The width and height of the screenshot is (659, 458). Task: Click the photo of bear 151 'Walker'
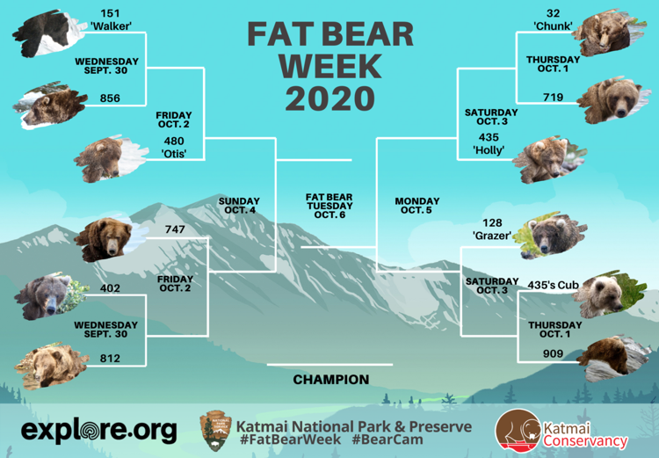click(x=48, y=33)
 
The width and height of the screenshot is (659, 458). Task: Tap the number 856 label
click(x=110, y=98)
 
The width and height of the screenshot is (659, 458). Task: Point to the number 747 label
click(x=175, y=229)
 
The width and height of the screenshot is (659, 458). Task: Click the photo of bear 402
click(x=51, y=296)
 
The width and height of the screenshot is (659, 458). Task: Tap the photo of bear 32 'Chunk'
click(x=610, y=33)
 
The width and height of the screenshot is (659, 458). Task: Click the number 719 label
click(x=553, y=98)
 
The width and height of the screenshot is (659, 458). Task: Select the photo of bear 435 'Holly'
click(x=549, y=160)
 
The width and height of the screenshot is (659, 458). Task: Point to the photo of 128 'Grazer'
click(x=551, y=236)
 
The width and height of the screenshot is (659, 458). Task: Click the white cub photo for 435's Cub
click(x=610, y=294)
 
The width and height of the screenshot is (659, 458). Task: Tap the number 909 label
click(x=553, y=353)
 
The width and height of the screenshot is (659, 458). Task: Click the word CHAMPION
click(x=331, y=380)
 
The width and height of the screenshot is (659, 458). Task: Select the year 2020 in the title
click(x=329, y=98)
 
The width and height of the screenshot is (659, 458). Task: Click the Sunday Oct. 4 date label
click(x=239, y=206)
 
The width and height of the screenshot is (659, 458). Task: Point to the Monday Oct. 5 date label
click(x=416, y=206)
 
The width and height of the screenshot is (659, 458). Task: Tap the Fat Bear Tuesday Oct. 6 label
click(x=329, y=206)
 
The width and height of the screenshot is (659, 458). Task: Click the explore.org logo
click(x=99, y=431)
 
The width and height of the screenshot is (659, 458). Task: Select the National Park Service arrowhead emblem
click(x=215, y=431)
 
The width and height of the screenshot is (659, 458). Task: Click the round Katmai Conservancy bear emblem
click(x=518, y=431)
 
